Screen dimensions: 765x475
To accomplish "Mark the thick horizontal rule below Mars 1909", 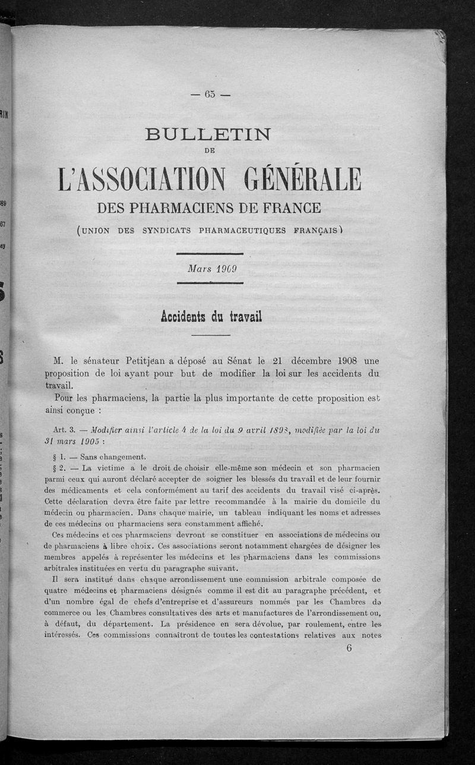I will tap(211, 283).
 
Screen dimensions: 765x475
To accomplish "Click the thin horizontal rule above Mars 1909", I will tap(211, 254).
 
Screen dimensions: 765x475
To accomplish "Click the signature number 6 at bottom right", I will tap(349, 648).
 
